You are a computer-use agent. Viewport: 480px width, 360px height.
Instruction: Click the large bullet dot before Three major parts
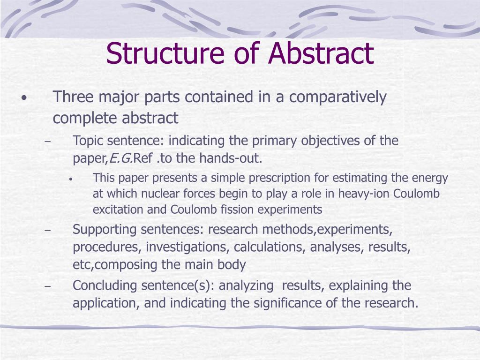click(23, 99)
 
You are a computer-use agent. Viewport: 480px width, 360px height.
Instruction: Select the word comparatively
click(338, 97)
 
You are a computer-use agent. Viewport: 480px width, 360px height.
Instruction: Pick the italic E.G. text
click(121, 158)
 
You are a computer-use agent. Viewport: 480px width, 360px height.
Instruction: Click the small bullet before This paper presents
click(70, 179)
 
